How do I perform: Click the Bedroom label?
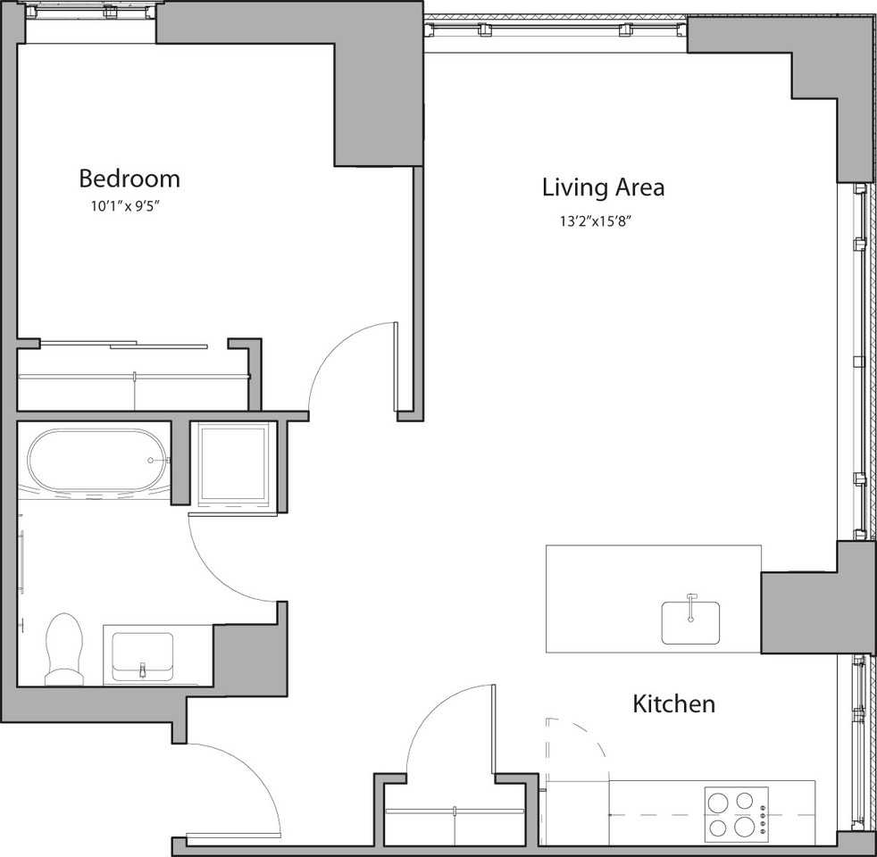129,179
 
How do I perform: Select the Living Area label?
603,187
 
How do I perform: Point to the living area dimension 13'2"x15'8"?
596,222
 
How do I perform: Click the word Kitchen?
673,703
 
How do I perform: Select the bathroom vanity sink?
142,656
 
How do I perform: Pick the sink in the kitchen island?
690,621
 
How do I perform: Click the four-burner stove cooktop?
731,812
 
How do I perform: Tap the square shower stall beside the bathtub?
233,464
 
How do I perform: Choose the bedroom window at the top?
89,21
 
